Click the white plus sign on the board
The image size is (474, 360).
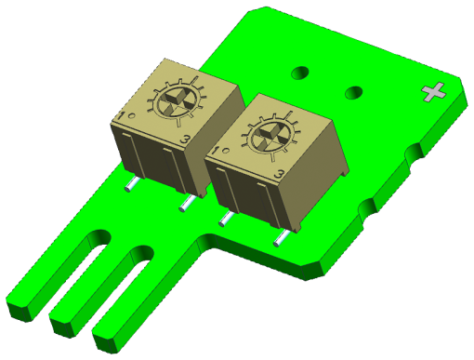[x=434, y=91]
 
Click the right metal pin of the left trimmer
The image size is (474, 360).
[x=186, y=202]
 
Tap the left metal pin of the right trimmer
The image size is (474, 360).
[x=224, y=220]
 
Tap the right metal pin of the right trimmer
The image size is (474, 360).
[x=278, y=239]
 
